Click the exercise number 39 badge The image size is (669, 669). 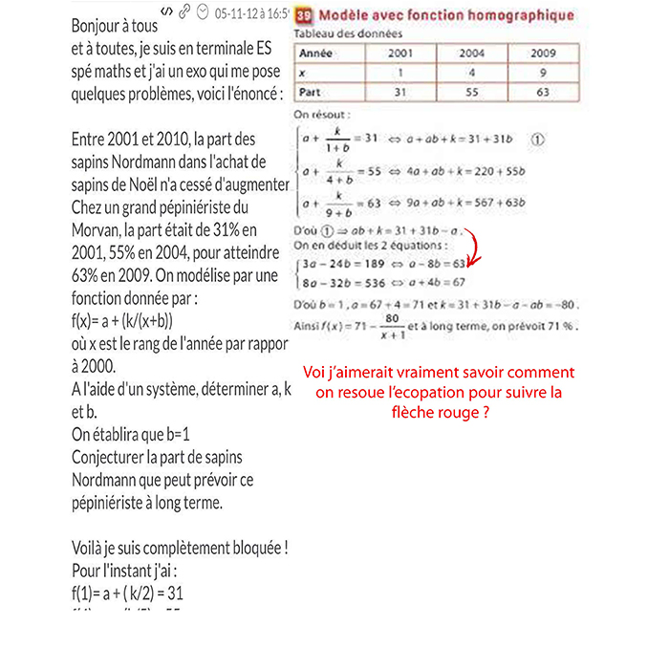305,15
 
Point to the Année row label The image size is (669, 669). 315,54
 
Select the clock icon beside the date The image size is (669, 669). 202,11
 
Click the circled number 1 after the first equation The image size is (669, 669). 537,138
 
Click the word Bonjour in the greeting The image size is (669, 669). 100,27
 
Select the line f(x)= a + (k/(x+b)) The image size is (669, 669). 122,320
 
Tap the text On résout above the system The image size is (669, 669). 323,115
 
